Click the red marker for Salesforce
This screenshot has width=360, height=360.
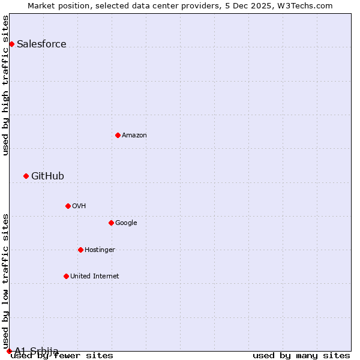[x=11, y=44]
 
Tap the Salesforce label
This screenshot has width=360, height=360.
[x=41, y=44]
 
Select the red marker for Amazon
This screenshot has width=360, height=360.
[x=118, y=135]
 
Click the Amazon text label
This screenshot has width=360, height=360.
[x=134, y=136]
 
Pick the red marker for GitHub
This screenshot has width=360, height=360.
[x=26, y=176]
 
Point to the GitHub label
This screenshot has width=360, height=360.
[x=47, y=176]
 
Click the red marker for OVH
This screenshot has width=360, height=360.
[x=68, y=206]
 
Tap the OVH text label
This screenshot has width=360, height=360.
[x=79, y=206]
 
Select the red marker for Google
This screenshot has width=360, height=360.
[x=111, y=223]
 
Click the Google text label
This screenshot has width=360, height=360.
[x=126, y=223]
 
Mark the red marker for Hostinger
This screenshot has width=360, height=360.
[x=80, y=250]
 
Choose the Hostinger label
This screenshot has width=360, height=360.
[x=100, y=250]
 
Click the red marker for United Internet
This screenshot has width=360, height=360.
[x=66, y=276]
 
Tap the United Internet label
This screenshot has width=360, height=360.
[x=95, y=277]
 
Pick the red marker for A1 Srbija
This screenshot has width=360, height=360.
[x=9, y=351]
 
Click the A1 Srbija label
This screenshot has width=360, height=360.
[x=37, y=351]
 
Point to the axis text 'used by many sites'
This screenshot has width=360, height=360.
[x=301, y=356]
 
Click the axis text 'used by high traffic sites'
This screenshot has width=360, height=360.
[x=6, y=85]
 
